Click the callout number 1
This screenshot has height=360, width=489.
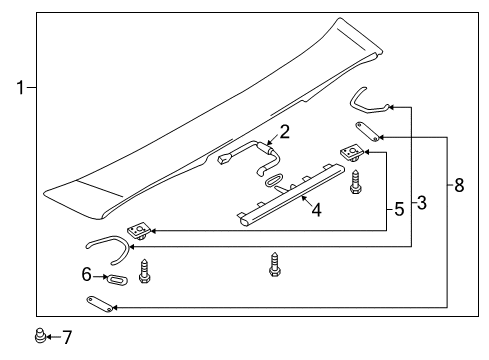(x=21, y=88)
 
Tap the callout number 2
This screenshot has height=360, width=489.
(x=284, y=132)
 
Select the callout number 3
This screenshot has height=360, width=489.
(x=422, y=203)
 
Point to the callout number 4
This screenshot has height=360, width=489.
(x=317, y=210)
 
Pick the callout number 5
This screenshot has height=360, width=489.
(x=399, y=209)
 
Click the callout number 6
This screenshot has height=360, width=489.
(x=86, y=274)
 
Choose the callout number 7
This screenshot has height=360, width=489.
(x=67, y=337)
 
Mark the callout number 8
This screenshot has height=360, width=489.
(x=459, y=185)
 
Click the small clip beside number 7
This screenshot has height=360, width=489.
(x=40, y=335)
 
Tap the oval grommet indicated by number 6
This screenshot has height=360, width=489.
(x=117, y=279)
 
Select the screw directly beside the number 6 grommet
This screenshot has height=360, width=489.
(x=144, y=271)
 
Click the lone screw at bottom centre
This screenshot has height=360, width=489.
(x=274, y=265)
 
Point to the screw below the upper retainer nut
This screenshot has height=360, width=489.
(x=356, y=182)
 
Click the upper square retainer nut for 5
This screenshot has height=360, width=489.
(x=352, y=153)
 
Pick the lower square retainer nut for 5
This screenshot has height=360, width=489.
(x=139, y=232)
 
